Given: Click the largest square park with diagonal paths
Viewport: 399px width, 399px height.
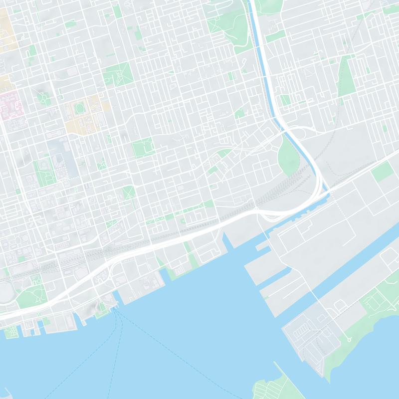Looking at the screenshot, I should click(x=118, y=74).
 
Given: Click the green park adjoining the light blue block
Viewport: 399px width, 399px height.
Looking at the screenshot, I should click(x=45, y=170).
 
